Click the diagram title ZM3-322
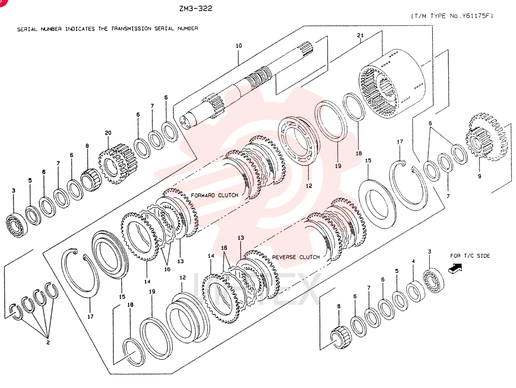[196, 9]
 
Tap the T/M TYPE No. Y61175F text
[452, 16]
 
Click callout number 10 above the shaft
[238, 45]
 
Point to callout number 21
[360, 35]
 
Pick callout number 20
[108, 133]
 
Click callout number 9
[479, 176]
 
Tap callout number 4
[413, 261]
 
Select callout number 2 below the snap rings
[48, 342]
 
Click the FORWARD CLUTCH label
[215, 195]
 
